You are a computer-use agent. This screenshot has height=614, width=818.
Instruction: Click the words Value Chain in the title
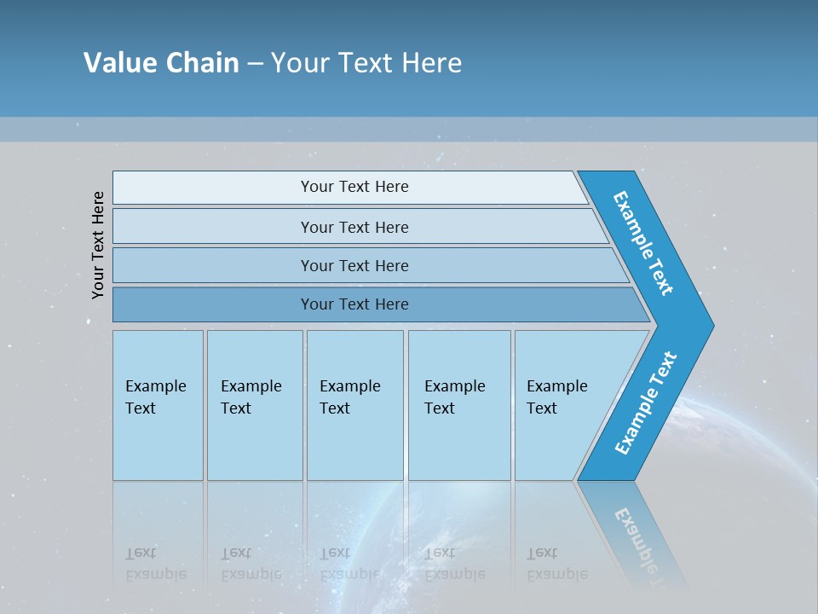pyautogui.click(x=161, y=62)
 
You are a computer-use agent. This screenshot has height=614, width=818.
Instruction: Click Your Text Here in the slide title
pyautogui.click(x=366, y=62)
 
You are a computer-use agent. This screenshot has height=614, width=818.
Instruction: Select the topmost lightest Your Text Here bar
pyautogui.click(x=354, y=187)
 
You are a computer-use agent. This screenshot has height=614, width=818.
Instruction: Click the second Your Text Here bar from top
pyautogui.click(x=354, y=227)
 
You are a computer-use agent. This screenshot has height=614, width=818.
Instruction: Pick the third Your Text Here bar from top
pyautogui.click(x=354, y=265)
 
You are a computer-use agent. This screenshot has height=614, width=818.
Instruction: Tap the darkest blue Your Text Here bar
pyautogui.click(x=354, y=304)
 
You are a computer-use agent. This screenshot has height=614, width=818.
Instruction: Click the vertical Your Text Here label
pyautogui.click(x=98, y=245)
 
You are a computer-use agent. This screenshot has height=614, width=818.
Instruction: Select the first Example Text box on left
pyautogui.click(x=158, y=405)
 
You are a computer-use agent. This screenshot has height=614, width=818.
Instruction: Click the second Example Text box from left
pyautogui.click(x=254, y=405)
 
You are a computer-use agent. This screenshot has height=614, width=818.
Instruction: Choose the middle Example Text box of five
pyautogui.click(x=354, y=405)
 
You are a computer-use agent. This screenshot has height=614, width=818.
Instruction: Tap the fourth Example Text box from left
pyautogui.click(x=458, y=405)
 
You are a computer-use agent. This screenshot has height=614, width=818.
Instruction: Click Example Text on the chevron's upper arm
pyautogui.click(x=643, y=243)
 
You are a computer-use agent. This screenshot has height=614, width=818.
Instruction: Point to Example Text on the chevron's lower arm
pyautogui.click(x=645, y=403)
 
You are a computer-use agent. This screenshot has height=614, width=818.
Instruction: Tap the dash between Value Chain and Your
pyautogui.click(x=255, y=63)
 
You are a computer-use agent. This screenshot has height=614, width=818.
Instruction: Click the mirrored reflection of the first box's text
pyautogui.click(x=155, y=564)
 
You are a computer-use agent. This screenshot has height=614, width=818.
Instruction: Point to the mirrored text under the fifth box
pyautogui.click(x=556, y=564)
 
